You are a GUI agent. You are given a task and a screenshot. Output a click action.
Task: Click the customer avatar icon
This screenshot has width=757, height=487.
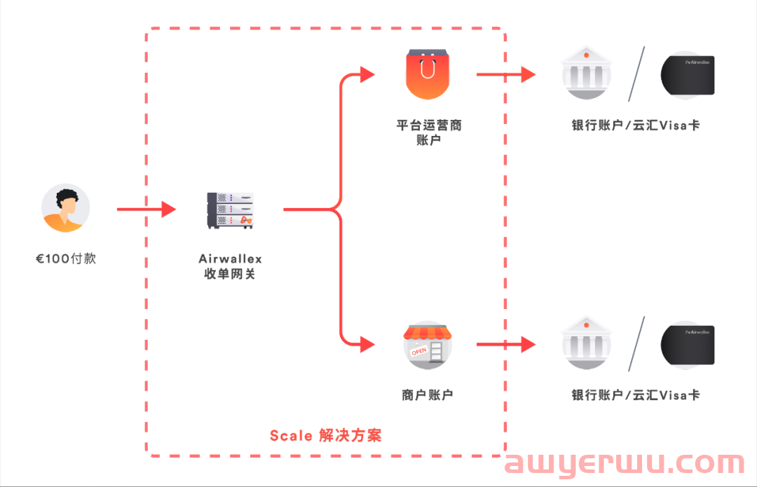(x=65, y=209)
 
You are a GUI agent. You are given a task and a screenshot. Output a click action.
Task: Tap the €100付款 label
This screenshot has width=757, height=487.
(x=66, y=259)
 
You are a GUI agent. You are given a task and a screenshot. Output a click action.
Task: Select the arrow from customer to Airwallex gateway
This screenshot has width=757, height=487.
(x=146, y=209)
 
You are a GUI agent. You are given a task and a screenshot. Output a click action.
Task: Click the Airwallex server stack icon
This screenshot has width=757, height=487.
(x=230, y=210)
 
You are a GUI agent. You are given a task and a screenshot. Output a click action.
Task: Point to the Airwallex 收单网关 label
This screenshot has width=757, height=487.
(x=230, y=266)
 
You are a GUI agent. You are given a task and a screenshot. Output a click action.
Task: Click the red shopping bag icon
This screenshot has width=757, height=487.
(x=428, y=74)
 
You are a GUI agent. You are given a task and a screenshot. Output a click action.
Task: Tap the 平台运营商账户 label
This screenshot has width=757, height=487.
(x=428, y=132)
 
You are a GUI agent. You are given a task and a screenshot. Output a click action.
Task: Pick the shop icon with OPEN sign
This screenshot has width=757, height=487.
(x=428, y=344)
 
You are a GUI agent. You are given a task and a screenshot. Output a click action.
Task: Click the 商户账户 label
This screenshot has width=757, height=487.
(x=428, y=395)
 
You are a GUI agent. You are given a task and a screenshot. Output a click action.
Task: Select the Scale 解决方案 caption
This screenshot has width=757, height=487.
(x=326, y=435)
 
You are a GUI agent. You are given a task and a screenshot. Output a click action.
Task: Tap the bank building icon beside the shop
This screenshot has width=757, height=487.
(x=586, y=343)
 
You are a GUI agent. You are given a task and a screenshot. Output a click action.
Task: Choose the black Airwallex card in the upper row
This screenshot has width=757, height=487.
(x=688, y=75)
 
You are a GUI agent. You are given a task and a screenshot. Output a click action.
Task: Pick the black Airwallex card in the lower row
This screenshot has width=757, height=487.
(x=688, y=344)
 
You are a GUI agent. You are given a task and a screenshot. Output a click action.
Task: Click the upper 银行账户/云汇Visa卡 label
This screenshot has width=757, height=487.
(x=636, y=125)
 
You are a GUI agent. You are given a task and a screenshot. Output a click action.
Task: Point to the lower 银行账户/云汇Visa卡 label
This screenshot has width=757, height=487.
(x=636, y=395)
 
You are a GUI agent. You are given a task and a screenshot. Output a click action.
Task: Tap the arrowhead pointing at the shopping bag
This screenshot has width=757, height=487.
(x=368, y=74)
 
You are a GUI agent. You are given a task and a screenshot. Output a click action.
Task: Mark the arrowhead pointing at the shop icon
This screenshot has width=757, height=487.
(x=368, y=344)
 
